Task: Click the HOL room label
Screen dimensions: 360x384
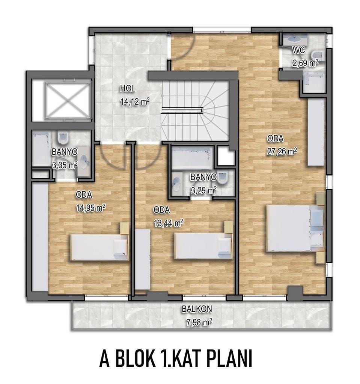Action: [x=128, y=88]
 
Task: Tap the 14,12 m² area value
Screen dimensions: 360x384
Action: [x=135, y=101]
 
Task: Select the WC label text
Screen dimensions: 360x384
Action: [x=299, y=50]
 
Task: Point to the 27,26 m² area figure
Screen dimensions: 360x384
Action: [x=282, y=151]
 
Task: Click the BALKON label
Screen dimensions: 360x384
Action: [x=197, y=309]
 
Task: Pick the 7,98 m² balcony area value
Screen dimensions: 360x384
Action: [x=199, y=322]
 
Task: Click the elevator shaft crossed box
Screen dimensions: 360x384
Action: [x=68, y=100]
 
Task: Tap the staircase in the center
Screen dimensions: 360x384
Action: [x=195, y=111]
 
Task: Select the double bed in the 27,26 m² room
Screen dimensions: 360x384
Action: [x=295, y=228]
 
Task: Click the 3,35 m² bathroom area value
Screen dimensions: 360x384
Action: [x=65, y=165]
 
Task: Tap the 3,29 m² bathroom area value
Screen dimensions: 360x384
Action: [x=203, y=190]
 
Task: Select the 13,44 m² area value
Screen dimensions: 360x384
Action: [x=169, y=223]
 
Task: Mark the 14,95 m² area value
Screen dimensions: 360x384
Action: [x=91, y=208]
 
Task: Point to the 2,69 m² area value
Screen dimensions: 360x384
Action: [x=305, y=63]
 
